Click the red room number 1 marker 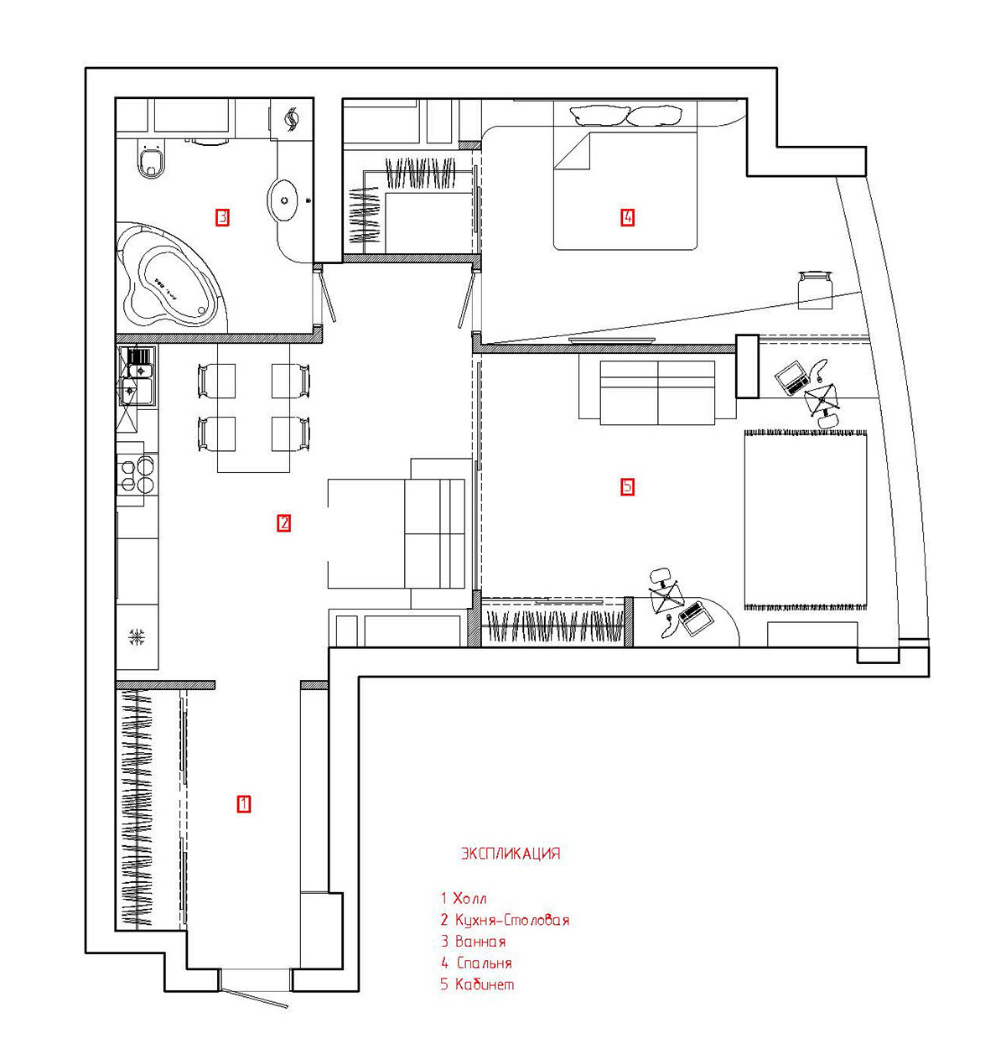tap(243, 803)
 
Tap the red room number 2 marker tap(284, 523)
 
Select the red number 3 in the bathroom tap(222, 218)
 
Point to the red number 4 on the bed tap(627, 218)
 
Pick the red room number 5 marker tap(627, 486)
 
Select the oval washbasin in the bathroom tap(286, 200)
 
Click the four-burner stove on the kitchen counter tap(137, 475)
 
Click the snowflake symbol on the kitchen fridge tap(136, 637)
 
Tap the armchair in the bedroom tap(814, 288)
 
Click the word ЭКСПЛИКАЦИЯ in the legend tap(510, 854)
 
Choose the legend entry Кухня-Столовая tap(511, 920)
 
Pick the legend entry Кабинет tap(484, 984)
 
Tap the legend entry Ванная tap(480, 942)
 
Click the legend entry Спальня tap(484, 963)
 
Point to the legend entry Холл tap(469, 898)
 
